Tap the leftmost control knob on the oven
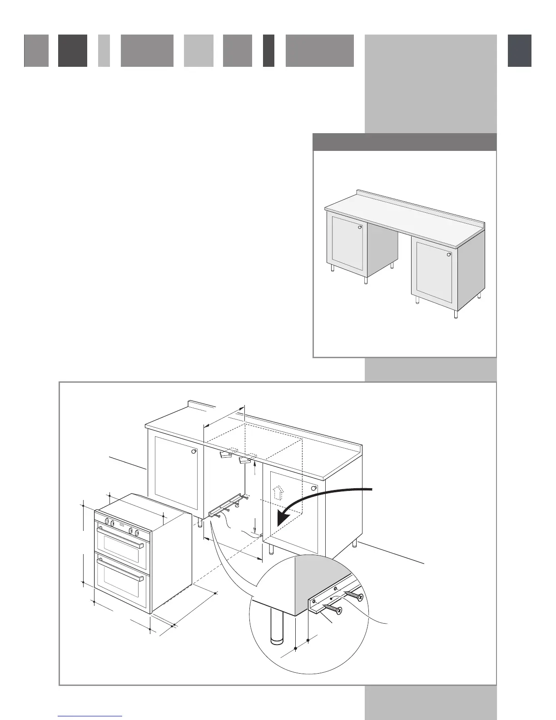coord(107,521)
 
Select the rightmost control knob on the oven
coord(136,532)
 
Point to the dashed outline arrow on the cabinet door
coord(276,491)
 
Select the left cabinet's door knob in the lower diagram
coord(194,452)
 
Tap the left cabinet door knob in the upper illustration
coord(360,227)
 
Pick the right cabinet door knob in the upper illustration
coord(449,255)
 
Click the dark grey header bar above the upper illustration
coord(404,142)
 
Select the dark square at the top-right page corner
coord(519,51)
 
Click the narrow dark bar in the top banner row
coord(268,51)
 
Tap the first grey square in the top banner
coord(36,51)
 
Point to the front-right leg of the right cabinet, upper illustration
coord(456,314)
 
